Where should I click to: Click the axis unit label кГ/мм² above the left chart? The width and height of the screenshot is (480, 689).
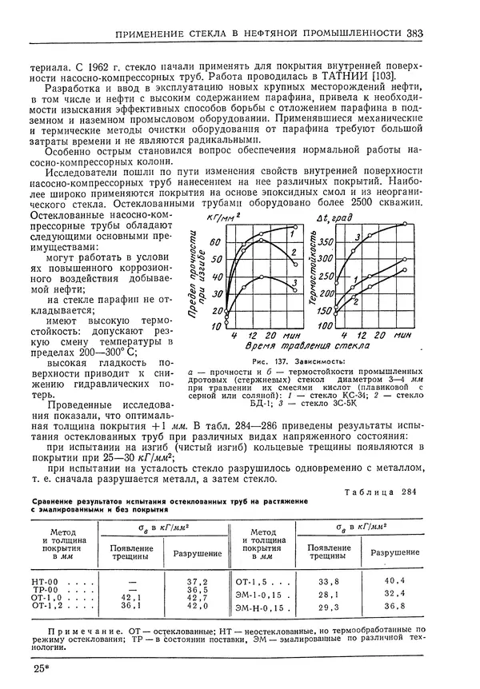(223, 217)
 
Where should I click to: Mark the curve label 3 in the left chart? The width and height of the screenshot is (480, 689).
(295, 283)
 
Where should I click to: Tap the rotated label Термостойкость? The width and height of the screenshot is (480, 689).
(322, 272)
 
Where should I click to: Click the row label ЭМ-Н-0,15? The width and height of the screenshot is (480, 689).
(260, 608)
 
